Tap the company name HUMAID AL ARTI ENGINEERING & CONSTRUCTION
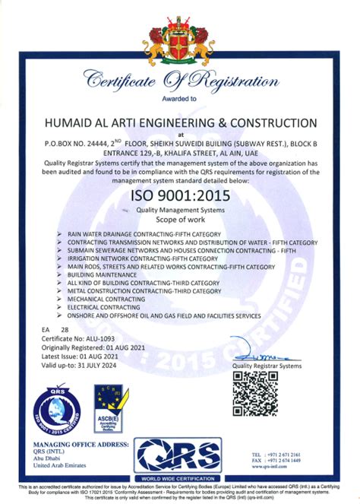(181, 122)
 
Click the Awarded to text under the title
(179, 99)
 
